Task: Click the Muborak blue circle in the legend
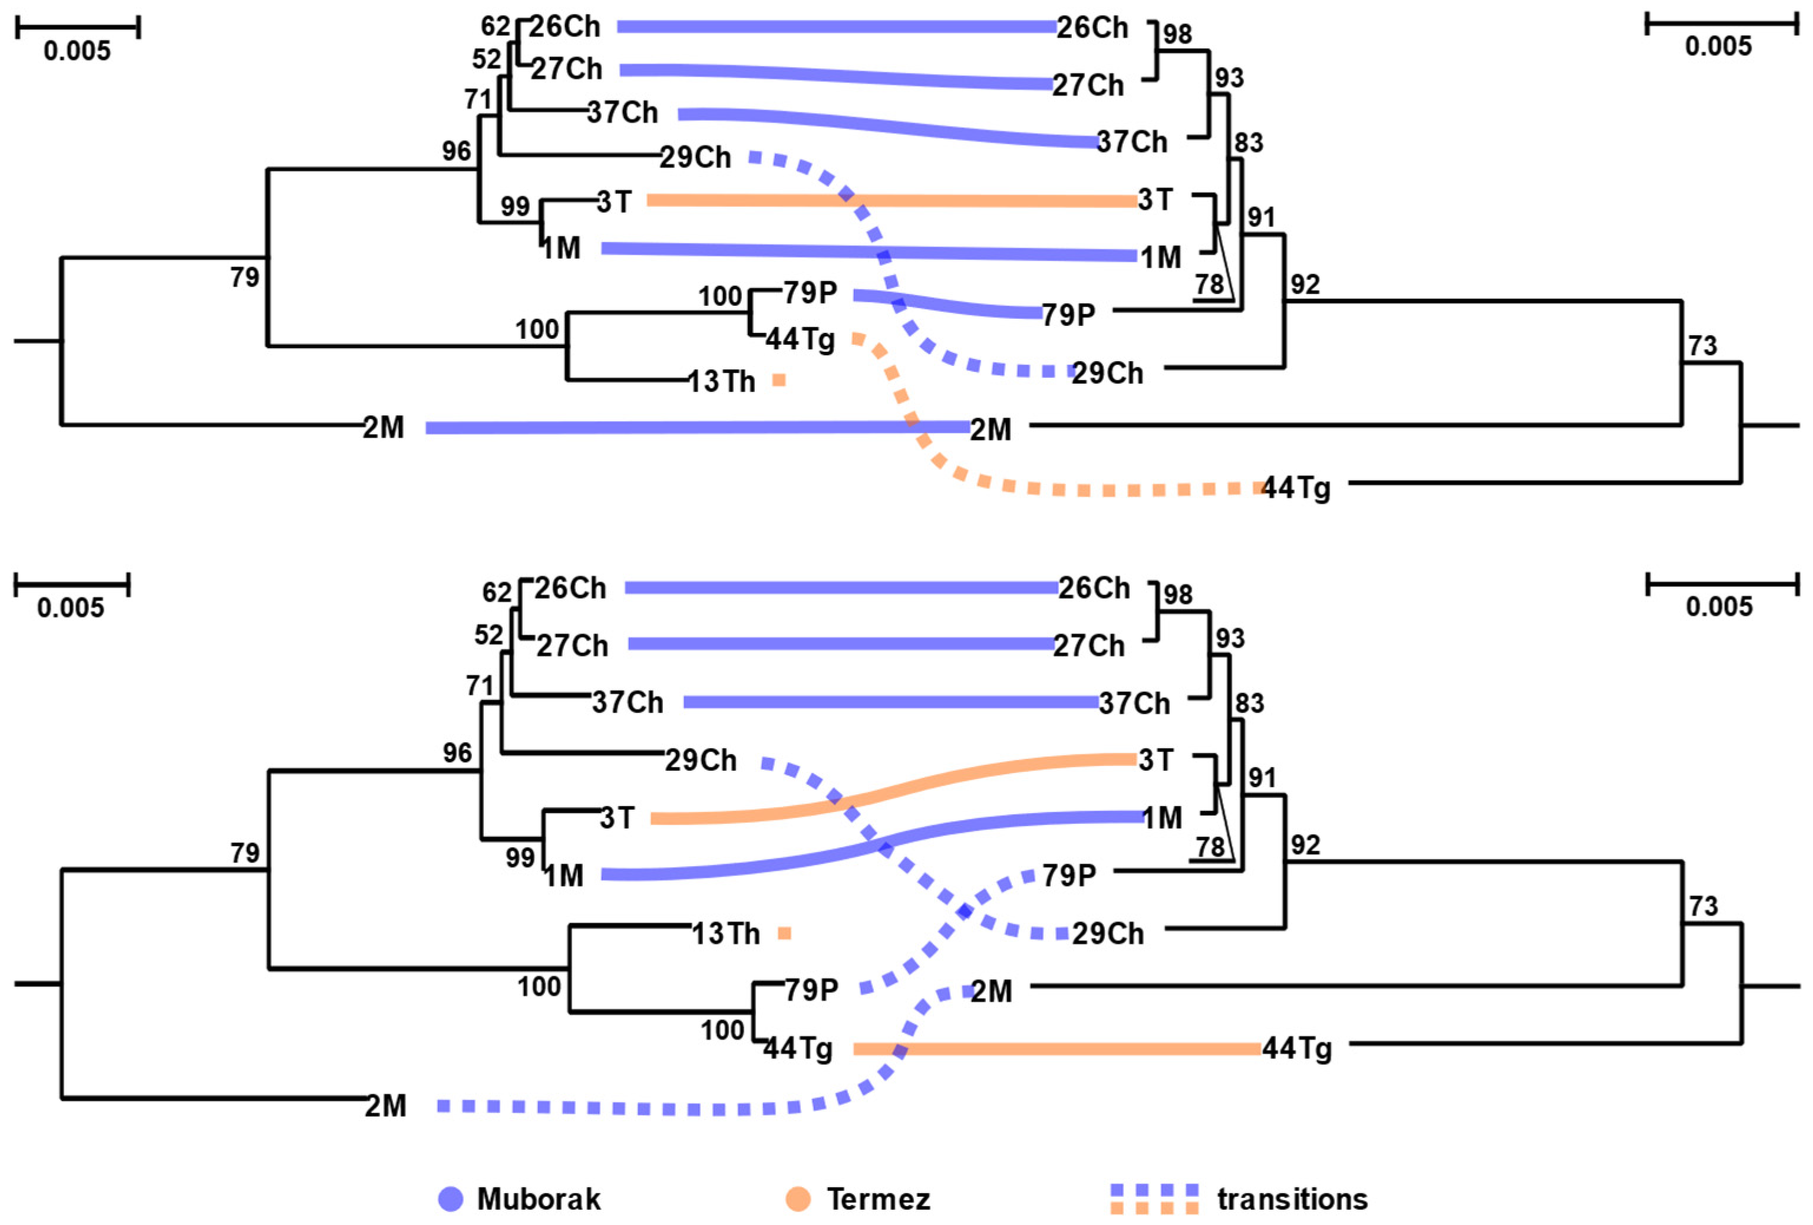click(451, 1199)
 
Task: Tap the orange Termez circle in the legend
click(798, 1199)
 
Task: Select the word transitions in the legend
click(1292, 1199)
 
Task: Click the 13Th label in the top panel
click(722, 382)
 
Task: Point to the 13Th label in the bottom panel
click(725, 934)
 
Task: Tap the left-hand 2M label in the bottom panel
click(385, 1105)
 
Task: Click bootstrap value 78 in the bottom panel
click(1210, 847)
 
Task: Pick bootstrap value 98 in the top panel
click(1178, 34)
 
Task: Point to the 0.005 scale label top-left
click(77, 51)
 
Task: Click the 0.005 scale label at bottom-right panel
click(1719, 606)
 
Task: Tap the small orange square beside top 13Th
click(778, 380)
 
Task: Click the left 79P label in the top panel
click(811, 293)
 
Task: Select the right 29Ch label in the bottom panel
click(1108, 934)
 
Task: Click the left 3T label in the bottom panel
click(617, 818)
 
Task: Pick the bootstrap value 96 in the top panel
click(457, 151)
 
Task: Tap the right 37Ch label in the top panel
click(1132, 142)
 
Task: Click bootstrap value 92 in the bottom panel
click(1305, 845)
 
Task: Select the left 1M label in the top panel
click(562, 248)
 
